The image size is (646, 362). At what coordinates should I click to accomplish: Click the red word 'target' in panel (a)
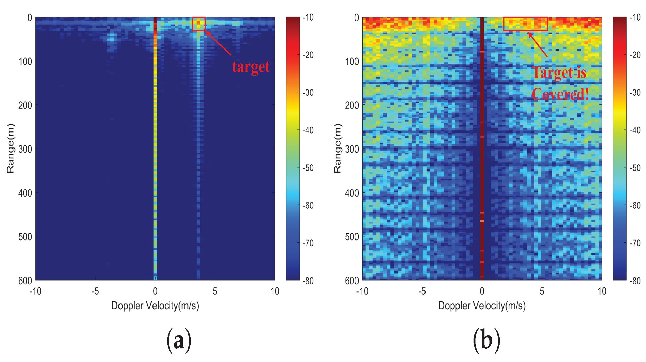pos(251,67)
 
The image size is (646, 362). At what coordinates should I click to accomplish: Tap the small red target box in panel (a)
pos(199,24)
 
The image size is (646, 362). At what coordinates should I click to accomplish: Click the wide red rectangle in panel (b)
pos(525,24)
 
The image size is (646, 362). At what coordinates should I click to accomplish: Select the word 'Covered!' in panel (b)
pos(560,94)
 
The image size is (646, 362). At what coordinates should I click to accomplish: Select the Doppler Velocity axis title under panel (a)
pos(155,306)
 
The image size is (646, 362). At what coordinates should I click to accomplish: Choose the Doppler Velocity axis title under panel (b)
pos(482,306)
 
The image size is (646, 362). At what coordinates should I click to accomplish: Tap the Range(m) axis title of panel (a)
pos(10,148)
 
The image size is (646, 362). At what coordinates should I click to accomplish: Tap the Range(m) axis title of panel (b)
pos(337,148)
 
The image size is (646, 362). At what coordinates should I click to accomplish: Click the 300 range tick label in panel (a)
pos(25,149)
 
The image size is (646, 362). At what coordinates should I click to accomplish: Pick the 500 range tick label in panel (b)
pos(352,237)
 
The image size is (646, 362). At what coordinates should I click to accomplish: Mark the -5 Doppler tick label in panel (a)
pos(95,291)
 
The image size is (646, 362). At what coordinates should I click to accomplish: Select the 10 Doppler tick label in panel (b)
pos(602,291)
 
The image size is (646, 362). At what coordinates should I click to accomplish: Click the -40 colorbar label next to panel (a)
pos(308,130)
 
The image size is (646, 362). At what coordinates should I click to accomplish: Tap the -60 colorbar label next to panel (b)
pos(635,205)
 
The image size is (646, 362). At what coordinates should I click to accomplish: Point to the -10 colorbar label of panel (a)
pos(308,17)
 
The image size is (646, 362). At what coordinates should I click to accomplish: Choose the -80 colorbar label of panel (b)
pos(635,281)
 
